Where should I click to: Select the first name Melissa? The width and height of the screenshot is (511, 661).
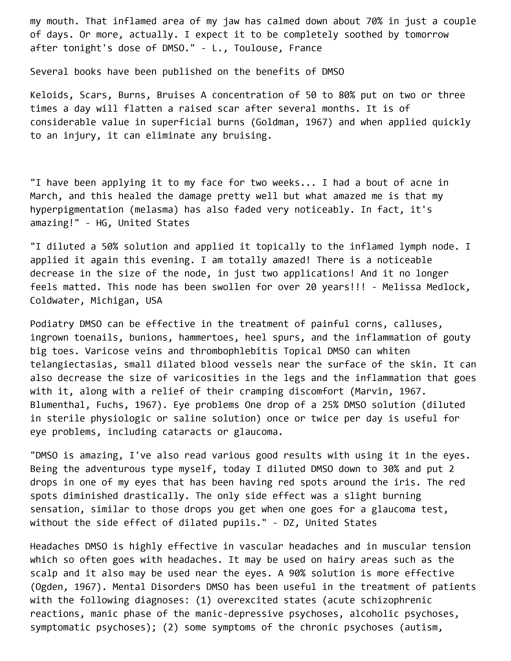[x=401, y=287]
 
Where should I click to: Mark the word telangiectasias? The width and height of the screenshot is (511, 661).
[x=74, y=364]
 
